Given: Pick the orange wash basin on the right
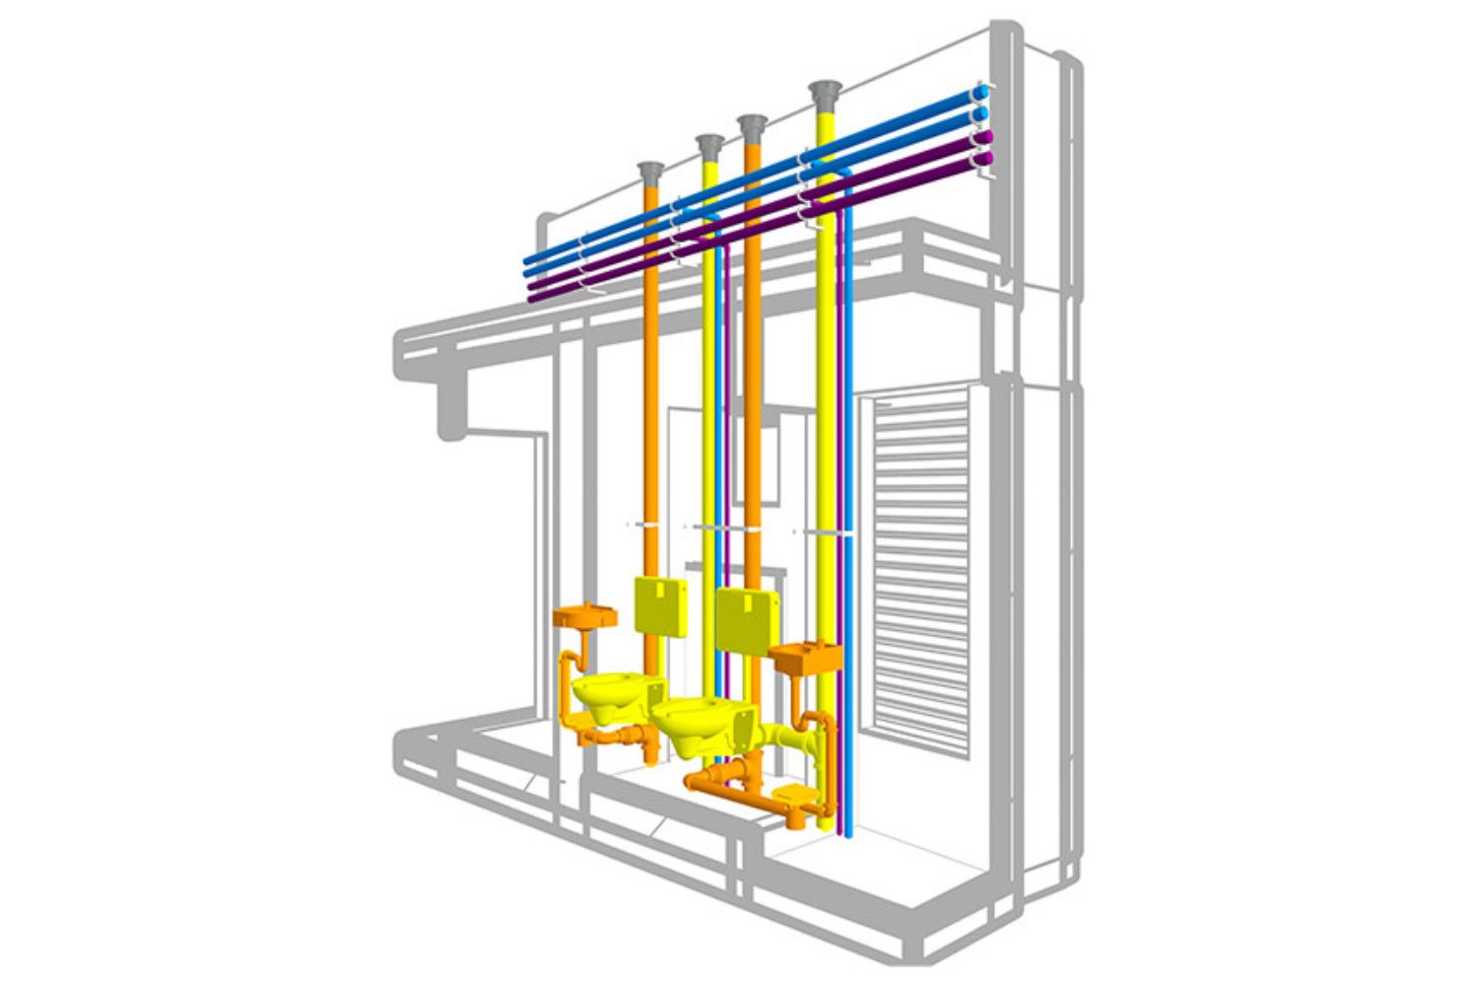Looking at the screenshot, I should click(x=806, y=658).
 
